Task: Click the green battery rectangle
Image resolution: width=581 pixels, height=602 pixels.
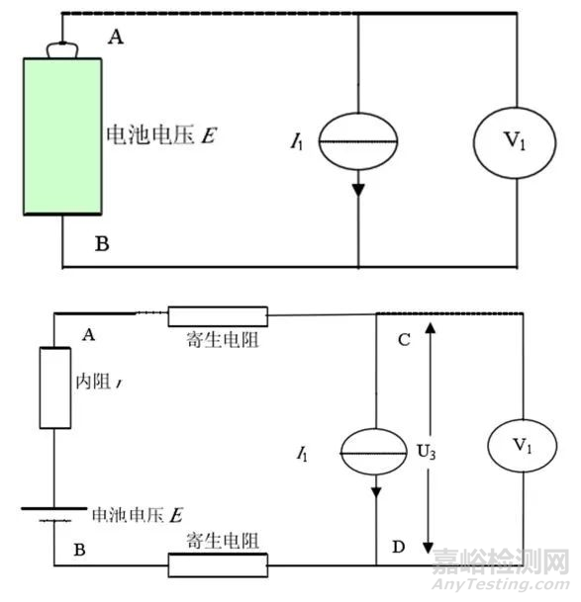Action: point(62,135)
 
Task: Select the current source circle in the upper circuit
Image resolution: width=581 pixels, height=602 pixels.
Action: point(357,142)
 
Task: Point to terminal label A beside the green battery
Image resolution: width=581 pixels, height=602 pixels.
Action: point(115,37)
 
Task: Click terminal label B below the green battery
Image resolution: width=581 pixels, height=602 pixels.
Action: point(101,242)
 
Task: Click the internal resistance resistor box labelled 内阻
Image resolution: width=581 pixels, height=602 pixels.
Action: point(55,387)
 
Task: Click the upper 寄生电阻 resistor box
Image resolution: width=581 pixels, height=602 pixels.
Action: point(218,315)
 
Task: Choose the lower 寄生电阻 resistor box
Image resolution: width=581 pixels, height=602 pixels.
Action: point(218,564)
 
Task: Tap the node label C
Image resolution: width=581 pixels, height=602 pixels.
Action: point(402,339)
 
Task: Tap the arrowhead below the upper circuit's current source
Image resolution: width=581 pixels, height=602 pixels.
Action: point(357,188)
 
